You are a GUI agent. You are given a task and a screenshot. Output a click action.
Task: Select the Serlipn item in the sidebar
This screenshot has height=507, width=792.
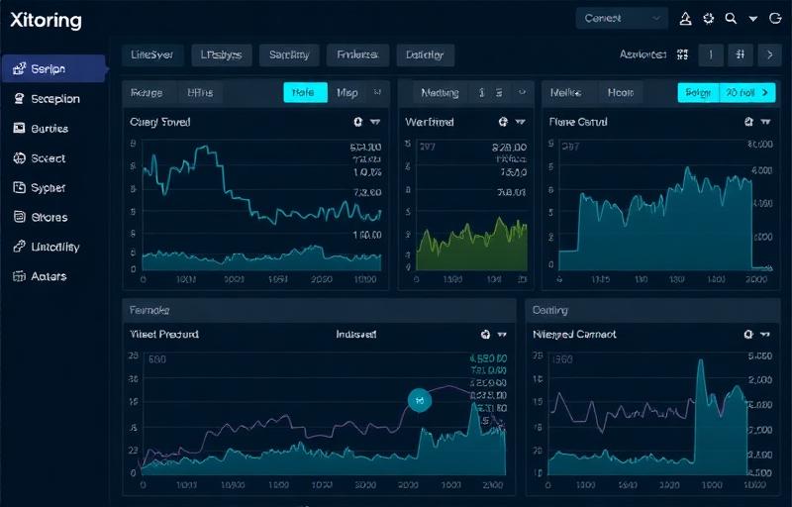(48, 68)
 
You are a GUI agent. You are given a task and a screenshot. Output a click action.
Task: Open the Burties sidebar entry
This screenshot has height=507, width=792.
(49, 128)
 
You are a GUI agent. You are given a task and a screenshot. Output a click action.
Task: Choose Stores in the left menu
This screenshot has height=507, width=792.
(49, 217)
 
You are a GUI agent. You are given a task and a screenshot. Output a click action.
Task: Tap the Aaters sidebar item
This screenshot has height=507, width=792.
(49, 276)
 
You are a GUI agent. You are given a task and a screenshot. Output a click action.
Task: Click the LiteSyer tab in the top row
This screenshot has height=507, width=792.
(151, 55)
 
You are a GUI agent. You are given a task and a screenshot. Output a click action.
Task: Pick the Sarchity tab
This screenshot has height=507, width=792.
(289, 55)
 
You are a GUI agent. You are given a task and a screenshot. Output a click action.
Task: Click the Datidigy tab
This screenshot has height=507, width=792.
(425, 55)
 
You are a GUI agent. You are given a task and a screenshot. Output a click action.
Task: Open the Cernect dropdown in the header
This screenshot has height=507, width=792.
(622, 18)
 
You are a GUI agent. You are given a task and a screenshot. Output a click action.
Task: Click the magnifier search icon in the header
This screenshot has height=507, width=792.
(731, 18)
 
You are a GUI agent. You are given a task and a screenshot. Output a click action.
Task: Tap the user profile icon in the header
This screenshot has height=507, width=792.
(686, 18)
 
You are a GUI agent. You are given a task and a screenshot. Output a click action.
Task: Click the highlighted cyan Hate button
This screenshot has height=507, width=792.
(305, 93)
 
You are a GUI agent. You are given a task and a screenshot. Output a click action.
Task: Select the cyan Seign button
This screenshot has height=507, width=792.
(698, 93)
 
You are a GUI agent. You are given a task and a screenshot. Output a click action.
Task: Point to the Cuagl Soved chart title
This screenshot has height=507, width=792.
(160, 122)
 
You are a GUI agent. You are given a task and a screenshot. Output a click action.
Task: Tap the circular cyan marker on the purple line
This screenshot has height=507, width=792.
(421, 401)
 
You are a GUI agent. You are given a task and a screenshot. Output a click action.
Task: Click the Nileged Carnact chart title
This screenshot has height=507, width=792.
(574, 335)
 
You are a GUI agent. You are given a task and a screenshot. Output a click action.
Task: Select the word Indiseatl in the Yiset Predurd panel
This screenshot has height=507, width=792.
(356, 335)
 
